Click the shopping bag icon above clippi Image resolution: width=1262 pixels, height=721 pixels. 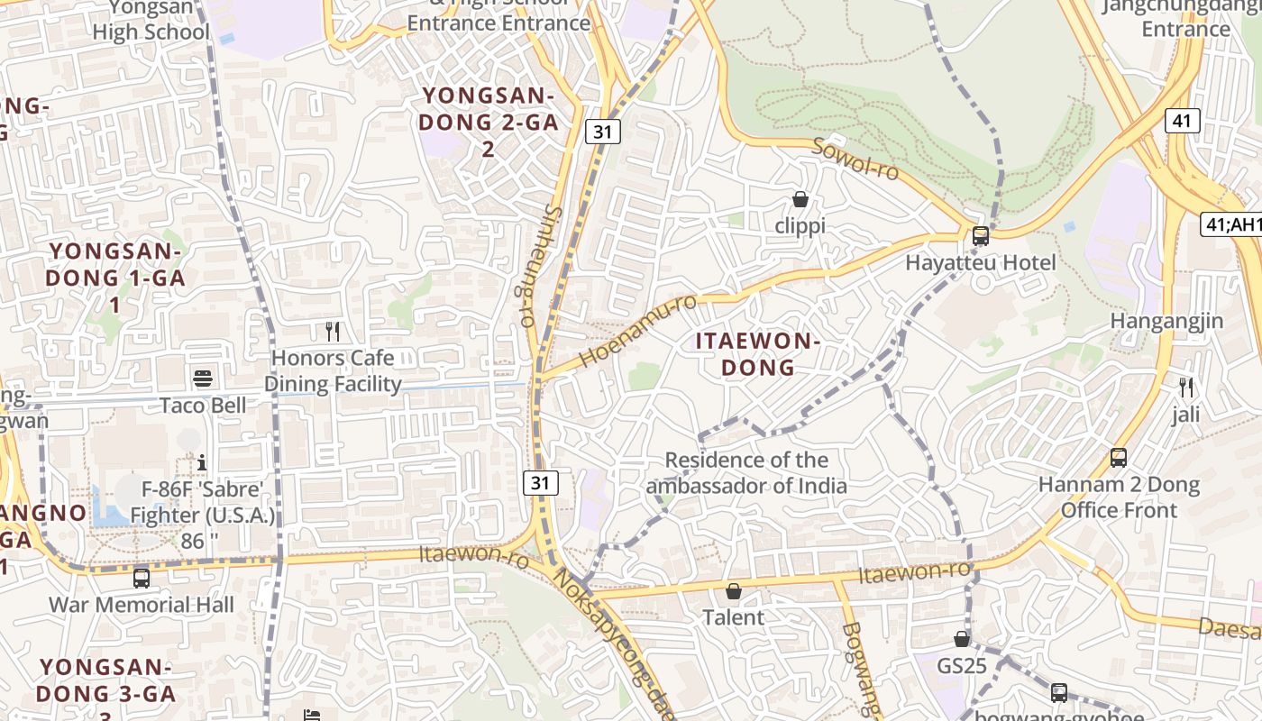pos(800,199)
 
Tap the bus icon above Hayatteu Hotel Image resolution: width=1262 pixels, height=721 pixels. pos(980,236)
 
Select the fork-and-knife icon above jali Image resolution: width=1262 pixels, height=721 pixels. pos(1186,388)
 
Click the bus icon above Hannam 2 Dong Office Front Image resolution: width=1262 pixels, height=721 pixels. pos(1119,458)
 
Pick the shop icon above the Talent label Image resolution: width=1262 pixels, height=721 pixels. pos(734,591)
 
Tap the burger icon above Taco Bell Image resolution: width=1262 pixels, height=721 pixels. pos(202,379)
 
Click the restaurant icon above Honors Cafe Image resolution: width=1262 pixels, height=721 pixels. pos(333,332)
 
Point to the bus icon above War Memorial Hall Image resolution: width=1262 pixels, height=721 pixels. pos(141,578)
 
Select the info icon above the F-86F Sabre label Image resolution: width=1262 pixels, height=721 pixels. pos(202,462)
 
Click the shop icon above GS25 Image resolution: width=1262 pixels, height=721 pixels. pos(962,639)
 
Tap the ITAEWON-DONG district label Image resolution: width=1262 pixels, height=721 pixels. pos(757,354)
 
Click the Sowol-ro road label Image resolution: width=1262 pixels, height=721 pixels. pos(855,159)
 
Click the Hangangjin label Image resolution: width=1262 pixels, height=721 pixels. pos(1166,321)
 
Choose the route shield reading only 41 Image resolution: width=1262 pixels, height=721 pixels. pos(1182,120)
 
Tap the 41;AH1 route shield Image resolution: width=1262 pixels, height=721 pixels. pos(1231,224)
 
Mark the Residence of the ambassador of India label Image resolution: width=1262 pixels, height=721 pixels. pos(746,473)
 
